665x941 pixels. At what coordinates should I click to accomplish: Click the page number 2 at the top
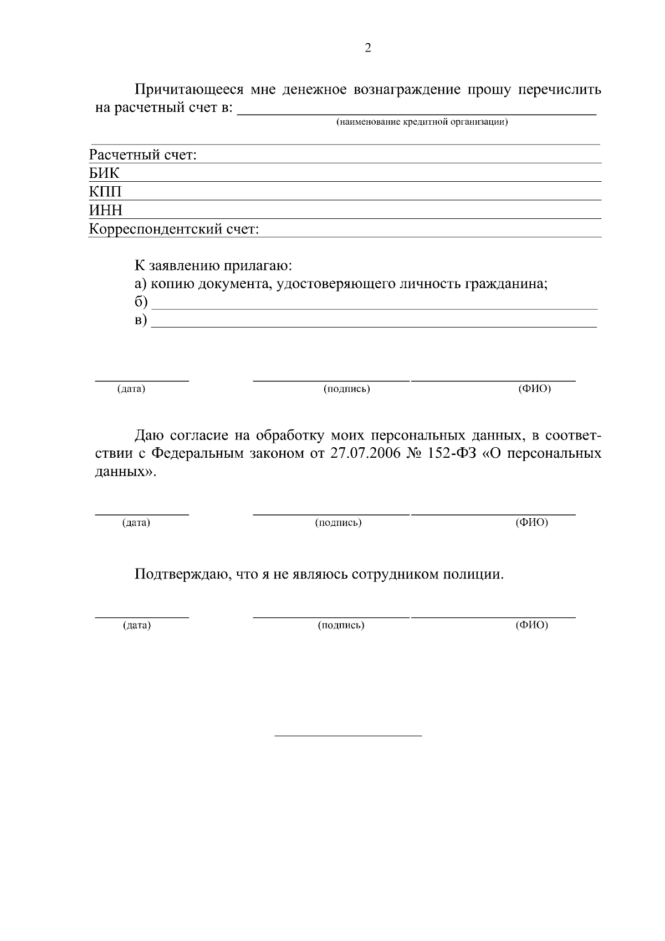[368, 48]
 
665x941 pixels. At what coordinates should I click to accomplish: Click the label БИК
[104, 173]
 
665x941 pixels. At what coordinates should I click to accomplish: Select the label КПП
[105, 192]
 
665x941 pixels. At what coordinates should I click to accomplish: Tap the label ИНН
[106, 211]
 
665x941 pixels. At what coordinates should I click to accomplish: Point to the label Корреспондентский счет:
[174, 229]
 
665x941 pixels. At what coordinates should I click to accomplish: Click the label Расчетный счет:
[144, 155]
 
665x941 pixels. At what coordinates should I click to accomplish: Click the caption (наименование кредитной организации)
[422, 122]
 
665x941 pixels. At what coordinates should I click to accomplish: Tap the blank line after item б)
[375, 306]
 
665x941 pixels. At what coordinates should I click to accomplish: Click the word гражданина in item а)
[506, 284]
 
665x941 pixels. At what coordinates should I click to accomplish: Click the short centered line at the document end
[349, 735]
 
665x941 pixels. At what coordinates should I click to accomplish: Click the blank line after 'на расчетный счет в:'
[417, 112]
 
